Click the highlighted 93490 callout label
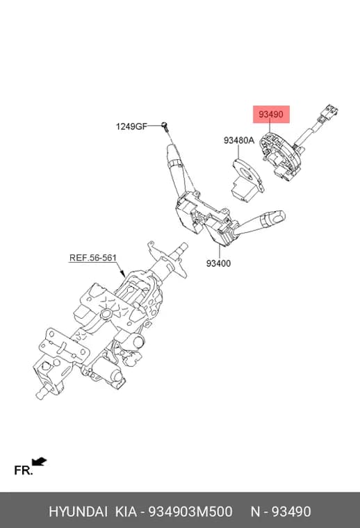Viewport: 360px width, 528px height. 271,114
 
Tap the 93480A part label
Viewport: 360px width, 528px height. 239,140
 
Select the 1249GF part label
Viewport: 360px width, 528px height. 131,126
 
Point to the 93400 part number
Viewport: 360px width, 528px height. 218,263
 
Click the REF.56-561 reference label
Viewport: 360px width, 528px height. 93,258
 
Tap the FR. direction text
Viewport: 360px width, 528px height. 23,470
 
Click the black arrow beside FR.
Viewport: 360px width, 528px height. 39,461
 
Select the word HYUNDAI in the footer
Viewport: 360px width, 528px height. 78,511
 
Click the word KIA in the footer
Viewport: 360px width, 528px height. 126,511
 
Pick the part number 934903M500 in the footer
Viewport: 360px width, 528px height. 190,511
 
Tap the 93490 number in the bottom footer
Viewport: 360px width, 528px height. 291,511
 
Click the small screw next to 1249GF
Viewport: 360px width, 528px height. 165,126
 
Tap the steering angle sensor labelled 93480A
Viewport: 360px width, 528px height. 247,180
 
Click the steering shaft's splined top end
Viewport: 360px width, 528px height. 182,249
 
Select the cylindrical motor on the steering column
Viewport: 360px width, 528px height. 107,373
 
